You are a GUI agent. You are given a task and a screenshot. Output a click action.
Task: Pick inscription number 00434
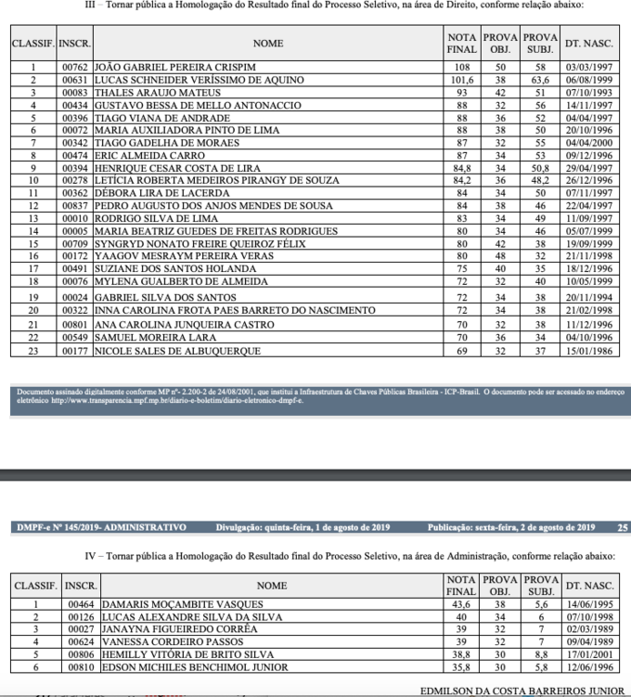click(74, 106)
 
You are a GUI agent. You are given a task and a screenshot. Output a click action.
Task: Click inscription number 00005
click(74, 231)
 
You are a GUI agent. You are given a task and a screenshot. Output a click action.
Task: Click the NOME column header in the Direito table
click(268, 43)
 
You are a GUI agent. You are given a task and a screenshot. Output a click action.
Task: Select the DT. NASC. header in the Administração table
click(589, 586)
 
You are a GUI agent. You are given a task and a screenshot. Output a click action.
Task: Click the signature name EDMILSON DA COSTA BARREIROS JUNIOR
click(522, 691)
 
